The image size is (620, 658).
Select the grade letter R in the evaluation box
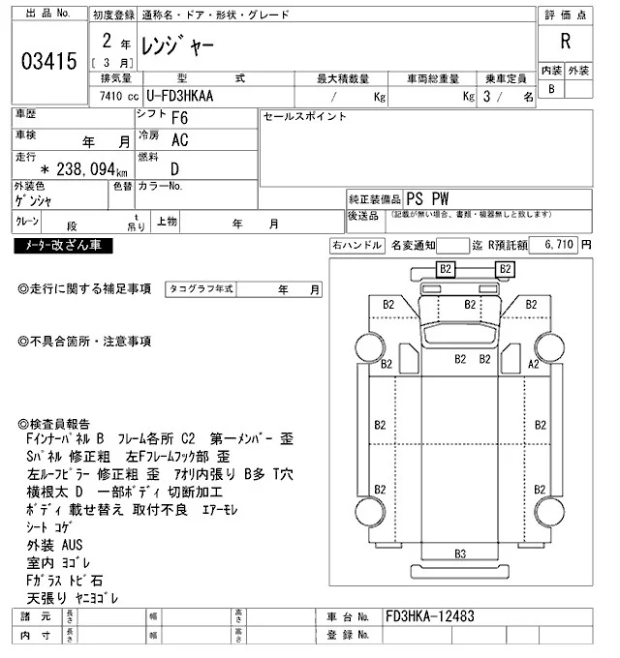[565, 42]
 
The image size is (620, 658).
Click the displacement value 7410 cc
[113, 97]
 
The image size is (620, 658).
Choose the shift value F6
[179, 118]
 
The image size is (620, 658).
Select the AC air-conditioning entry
[179, 139]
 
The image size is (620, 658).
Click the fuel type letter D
[174, 166]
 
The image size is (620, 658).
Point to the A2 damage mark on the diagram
[532, 364]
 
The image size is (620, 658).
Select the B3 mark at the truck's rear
[460, 553]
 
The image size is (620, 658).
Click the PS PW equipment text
[428, 196]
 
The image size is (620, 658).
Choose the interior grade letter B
[552, 89]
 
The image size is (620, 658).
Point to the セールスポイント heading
[304, 116]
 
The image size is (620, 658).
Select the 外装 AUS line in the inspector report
[55, 545]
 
